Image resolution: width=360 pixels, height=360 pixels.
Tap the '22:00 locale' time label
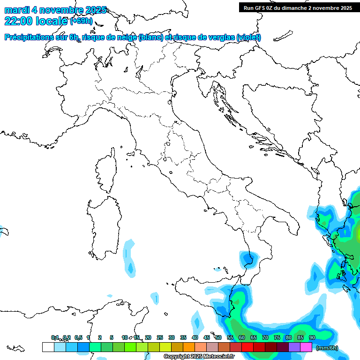[x=36, y=21]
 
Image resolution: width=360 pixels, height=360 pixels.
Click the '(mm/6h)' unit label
[x=327, y=348]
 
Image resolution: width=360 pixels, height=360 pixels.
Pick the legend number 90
[x=312, y=337]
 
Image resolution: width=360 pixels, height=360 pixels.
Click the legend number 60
[x=241, y=337]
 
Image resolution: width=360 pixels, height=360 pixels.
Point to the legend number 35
[x=183, y=337]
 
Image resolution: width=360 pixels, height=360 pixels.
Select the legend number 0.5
[x=78, y=337]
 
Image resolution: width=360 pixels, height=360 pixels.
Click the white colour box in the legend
[x=48, y=347]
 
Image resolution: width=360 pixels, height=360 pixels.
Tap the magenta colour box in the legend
[x=306, y=347]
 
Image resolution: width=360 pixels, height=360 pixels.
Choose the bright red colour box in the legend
[x=247, y=347]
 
